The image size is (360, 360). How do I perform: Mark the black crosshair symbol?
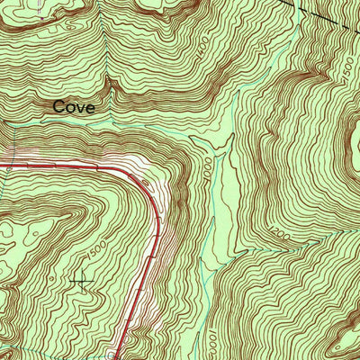pyautogui.click(x=82, y=283)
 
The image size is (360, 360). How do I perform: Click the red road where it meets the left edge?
pyautogui.click(x=2, y=166)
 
